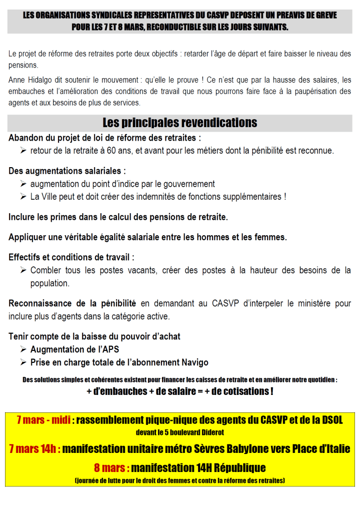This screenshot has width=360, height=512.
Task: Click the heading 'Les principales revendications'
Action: [x=179, y=123]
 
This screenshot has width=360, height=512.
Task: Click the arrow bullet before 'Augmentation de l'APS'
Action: [x=23, y=349]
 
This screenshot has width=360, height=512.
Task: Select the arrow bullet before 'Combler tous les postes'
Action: [x=23, y=271]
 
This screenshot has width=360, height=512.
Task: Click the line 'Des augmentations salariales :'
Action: [x=67, y=171]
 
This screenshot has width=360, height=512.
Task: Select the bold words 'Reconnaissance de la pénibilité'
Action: [x=72, y=303]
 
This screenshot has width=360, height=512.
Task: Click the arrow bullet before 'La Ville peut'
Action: [x=23, y=197]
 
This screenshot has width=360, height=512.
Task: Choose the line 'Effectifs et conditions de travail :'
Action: [x=71, y=258]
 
